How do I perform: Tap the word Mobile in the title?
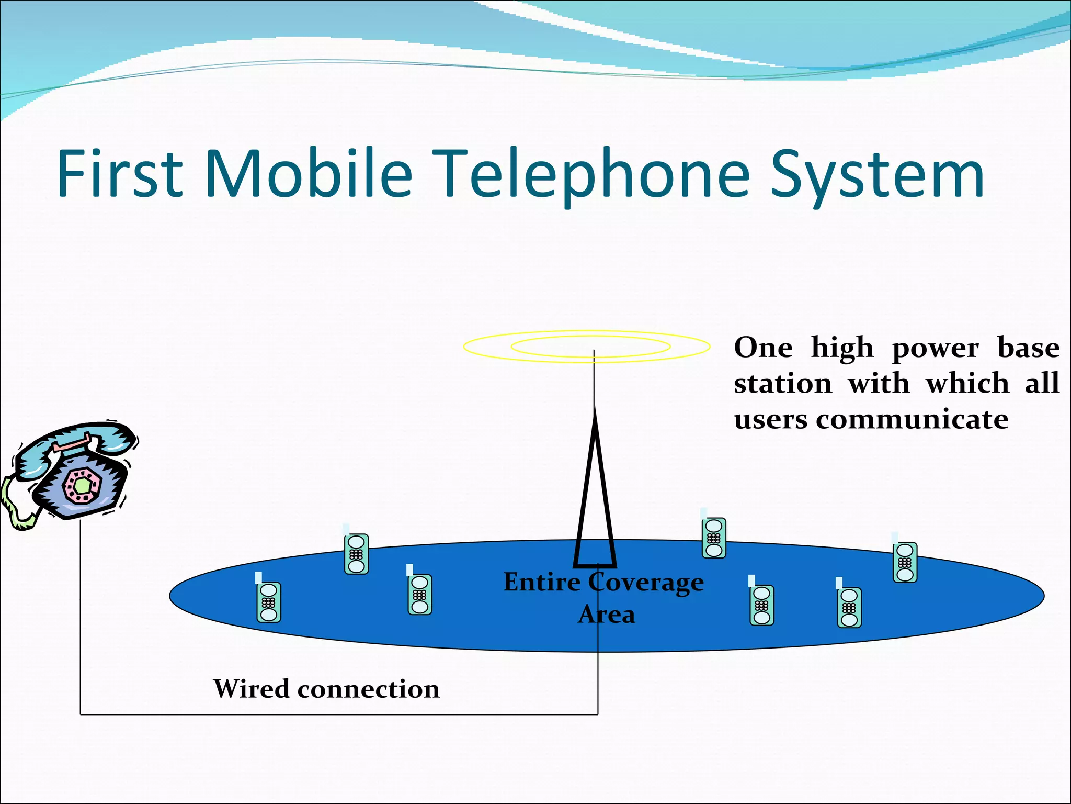click(x=309, y=173)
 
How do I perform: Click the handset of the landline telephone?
click(x=78, y=442)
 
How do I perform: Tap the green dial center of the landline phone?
click(x=82, y=485)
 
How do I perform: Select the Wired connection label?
click(x=326, y=689)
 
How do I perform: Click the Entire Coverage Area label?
click(x=604, y=597)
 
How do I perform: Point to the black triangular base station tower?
click(x=595, y=497)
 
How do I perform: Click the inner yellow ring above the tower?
click(x=591, y=346)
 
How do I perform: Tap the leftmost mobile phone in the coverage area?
click(x=269, y=602)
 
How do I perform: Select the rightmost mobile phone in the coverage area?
click(x=905, y=562)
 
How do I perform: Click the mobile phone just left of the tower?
click(x=419, y=594)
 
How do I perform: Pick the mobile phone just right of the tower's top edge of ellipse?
click(x=714, y=538)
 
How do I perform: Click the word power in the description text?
click(x=935, y=348)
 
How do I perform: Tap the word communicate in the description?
click(x=912, y=419)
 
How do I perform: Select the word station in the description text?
click(x=782, y=384)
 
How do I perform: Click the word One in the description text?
click(x=763, y=348)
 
